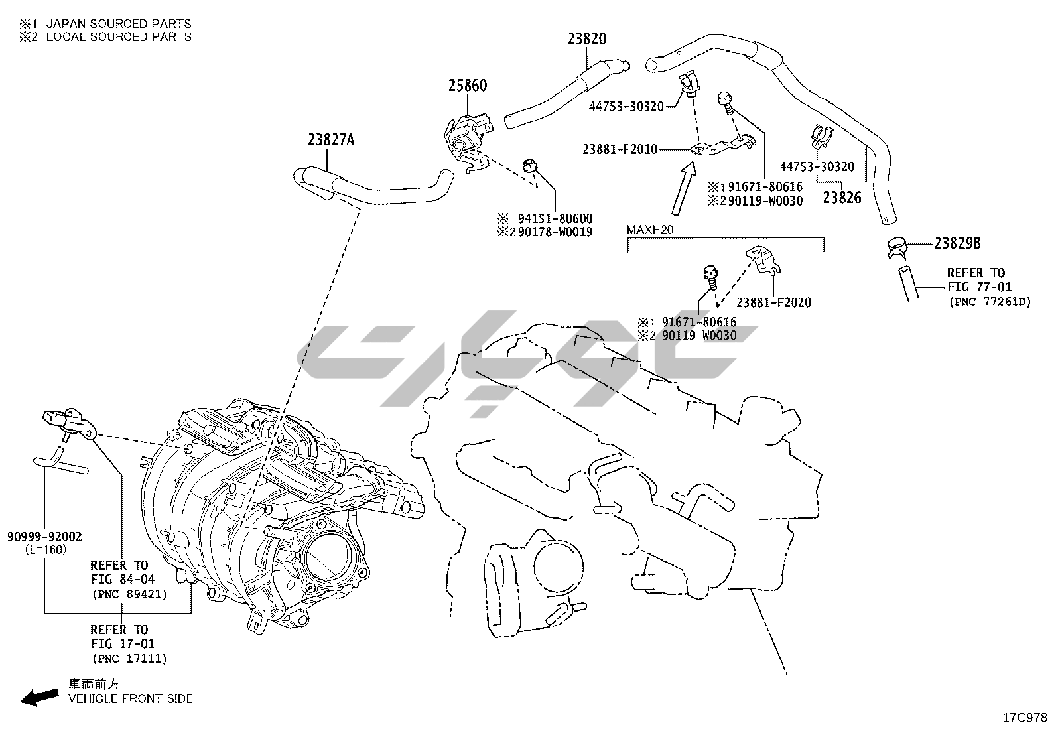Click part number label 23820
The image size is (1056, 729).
(586, 38)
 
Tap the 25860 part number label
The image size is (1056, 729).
(467, 86)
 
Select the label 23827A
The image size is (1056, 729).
(331, 140)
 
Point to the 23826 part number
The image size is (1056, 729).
(842, 197)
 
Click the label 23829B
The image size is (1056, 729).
(957, 243)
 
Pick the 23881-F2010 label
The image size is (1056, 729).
(620, 149)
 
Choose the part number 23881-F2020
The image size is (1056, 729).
(773, 302)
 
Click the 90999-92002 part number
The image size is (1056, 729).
(45, 537)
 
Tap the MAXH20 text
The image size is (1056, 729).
(651, 230)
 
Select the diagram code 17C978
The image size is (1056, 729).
(1024, 718)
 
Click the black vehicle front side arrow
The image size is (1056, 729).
(38, 696)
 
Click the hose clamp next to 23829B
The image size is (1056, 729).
(897, 248)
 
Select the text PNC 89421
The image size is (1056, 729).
(129, 594)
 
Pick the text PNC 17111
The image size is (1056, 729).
(129, 658)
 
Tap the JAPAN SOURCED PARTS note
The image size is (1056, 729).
(118, 24)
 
